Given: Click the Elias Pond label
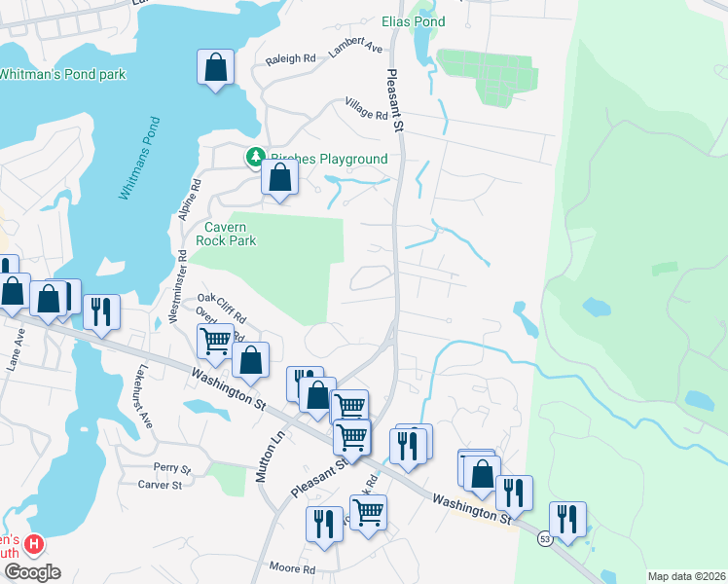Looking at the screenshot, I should pos(414,21).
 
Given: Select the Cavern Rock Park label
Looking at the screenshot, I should pos(226,234).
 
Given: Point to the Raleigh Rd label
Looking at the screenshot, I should pos(291,58).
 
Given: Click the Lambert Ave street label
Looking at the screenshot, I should pos(355,48).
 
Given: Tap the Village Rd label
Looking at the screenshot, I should pos(366,108).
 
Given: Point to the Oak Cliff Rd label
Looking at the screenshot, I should pos(222,308).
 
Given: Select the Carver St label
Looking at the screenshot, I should pos(160,484).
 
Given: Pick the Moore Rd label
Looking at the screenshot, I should pos(293,568).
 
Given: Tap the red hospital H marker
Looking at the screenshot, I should pos(34,543).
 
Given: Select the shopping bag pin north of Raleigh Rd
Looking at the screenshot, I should pos(216,68).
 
